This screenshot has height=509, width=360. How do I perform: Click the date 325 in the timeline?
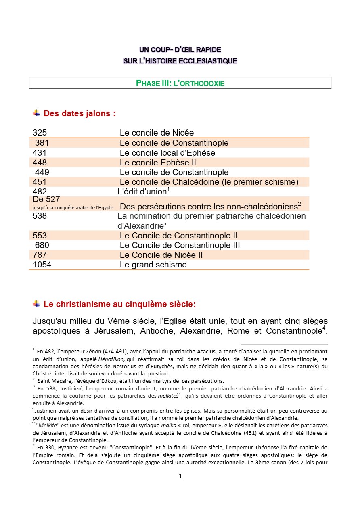[x=40, y=133]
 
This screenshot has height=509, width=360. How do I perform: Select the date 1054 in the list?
[x=42, y=265]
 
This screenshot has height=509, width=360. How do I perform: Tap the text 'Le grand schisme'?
[x=153, y=265]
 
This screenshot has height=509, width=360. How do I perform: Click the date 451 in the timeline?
[x=40, y=182]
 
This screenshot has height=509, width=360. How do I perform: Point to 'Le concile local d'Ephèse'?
[x=167, y=153]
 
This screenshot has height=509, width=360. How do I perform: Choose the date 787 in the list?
[x=40, y=255]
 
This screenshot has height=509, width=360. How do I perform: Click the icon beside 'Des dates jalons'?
[x=36, y=113]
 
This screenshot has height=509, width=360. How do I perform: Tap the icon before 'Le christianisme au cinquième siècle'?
[x=36, y=303]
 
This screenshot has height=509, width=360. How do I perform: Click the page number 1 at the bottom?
[x=180, y=476]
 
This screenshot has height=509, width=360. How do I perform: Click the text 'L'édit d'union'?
[x=142, y=192]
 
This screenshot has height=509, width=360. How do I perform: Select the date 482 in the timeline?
[x=40, y=192]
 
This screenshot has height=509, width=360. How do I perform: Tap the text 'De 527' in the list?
[x=46, y=199]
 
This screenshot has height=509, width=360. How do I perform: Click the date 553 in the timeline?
[x=40, y=236]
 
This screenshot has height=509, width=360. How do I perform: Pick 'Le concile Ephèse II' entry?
[x=158, y=163]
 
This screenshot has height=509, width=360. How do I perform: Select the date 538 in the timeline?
[x=40, y=216]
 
